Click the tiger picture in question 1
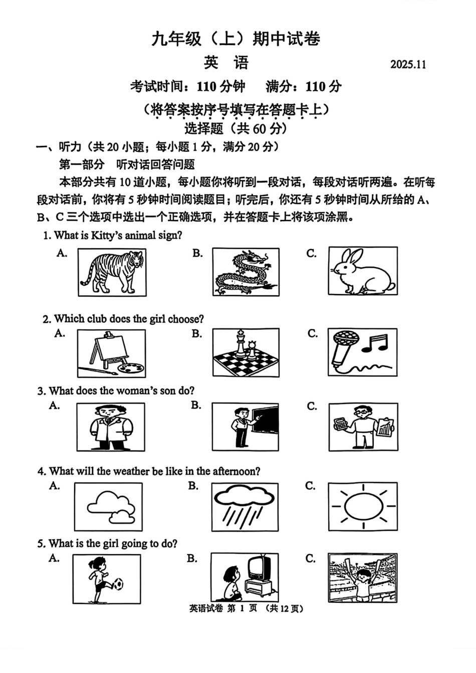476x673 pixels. [x=113, y=273]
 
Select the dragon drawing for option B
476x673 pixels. [x=245, y=273]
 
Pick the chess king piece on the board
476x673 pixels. [x=242, y=343]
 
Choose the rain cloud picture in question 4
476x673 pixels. [x=245, y=506]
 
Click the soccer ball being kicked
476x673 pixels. [x=119, y=584]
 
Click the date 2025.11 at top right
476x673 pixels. [x=408, y=65]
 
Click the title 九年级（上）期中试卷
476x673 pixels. [x=236, y=39]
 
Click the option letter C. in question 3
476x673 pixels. [x=312, y=406]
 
